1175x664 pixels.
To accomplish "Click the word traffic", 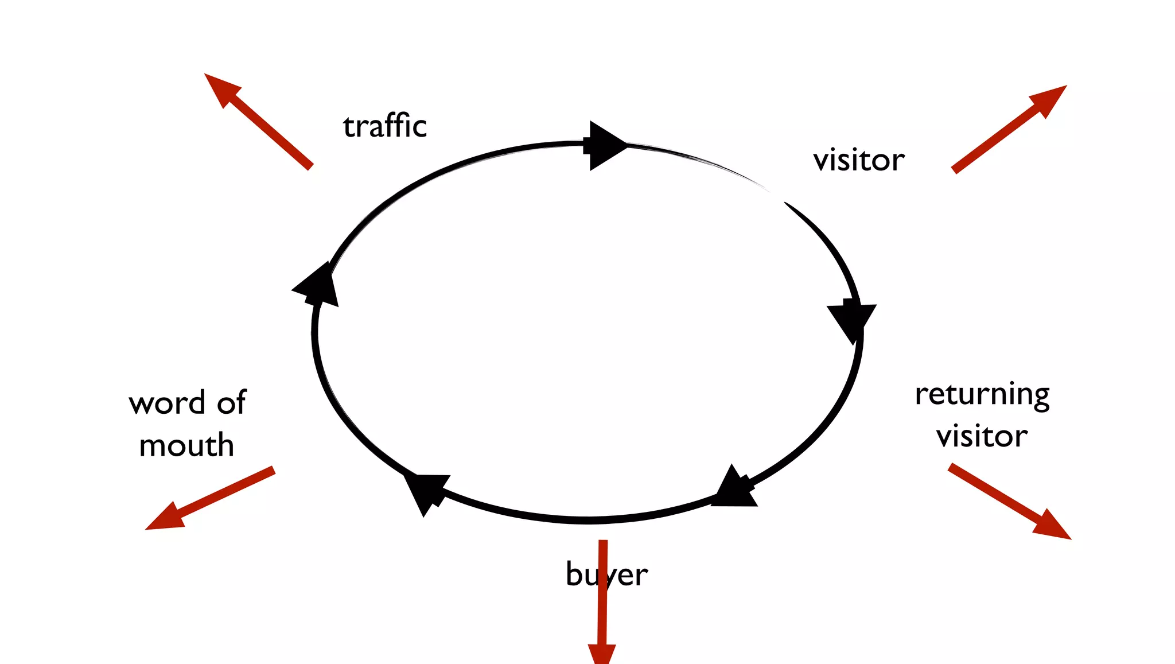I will tap(385, 126).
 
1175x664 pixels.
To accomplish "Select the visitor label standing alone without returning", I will tap(859, 160).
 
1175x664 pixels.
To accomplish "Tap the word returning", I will tap(982, 395).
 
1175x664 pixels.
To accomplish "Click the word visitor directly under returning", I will tap(982, 436).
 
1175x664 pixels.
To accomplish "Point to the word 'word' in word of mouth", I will tap(167, 403).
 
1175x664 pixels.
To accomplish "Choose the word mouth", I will tap(186, 445).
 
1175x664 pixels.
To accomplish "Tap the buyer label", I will tap(606, 574).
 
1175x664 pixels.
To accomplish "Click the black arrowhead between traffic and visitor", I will tap(605, 145).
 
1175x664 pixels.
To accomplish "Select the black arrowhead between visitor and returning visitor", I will tap(852, 320).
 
